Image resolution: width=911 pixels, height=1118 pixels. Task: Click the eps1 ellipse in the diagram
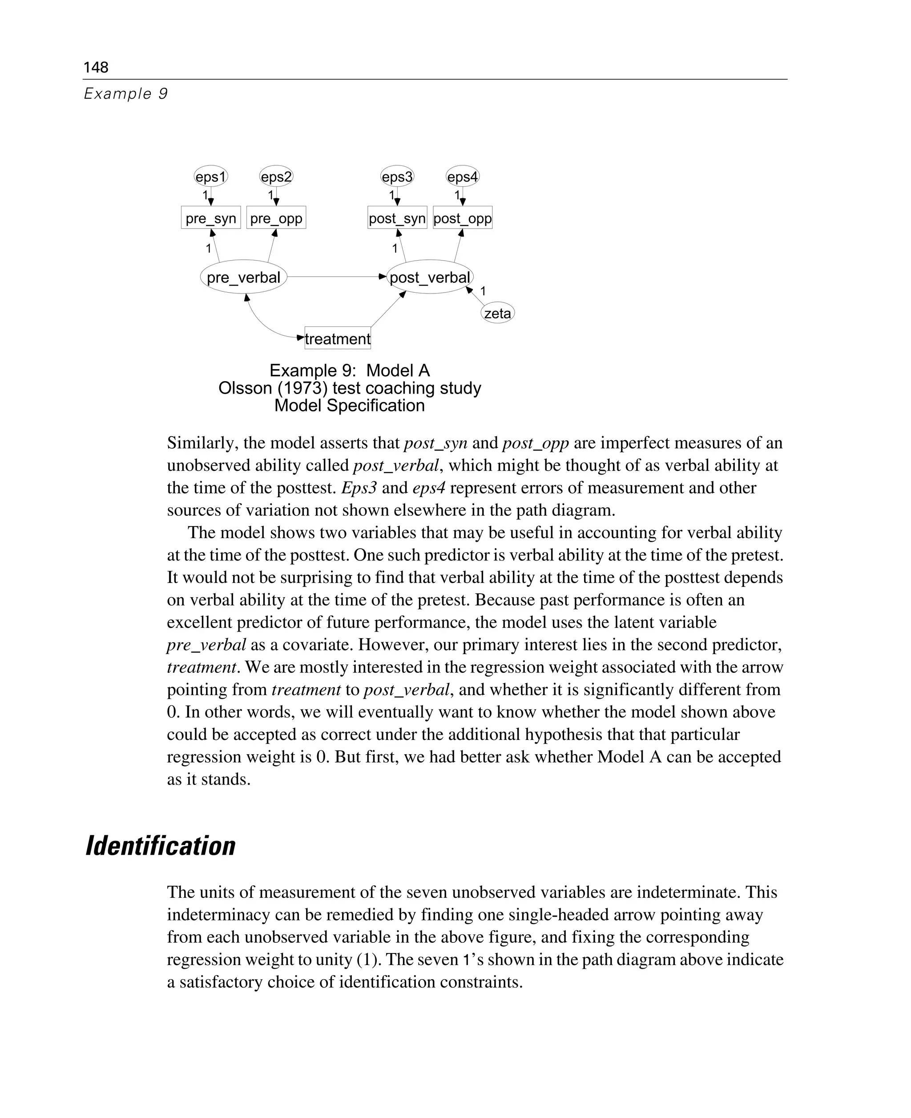pyautogui.click(x=210, y=177)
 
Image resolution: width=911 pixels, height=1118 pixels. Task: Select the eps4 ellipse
pyautogui.click(x=462, y=177)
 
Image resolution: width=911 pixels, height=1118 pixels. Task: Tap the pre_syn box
pyautogui.click(x=210, y=218)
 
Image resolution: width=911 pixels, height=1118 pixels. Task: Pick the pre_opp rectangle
pyautogui.click(x=276, y=218)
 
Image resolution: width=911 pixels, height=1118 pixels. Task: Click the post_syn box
pyautogui.click(x=397, y=218)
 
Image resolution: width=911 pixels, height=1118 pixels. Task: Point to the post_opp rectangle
pyautogui.click(x=462, y=218)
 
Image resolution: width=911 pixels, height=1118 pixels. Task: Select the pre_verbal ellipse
pyautogui.click(x=243, y=277)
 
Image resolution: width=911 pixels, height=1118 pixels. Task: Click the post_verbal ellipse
pyautogui.click(x=430, y=277)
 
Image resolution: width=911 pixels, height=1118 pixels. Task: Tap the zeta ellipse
pyautogui.click(x=497, y=313)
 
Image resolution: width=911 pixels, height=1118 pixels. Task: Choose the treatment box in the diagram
pyautogui.click(x=338, y=338)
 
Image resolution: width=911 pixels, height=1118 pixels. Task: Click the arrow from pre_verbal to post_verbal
pyautogui.click(x=336, y=277)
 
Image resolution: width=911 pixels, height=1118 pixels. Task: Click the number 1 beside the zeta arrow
pyautogui.click(x=483, y=291)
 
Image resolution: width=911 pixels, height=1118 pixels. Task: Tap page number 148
pyautogui.click(x=96, y=67)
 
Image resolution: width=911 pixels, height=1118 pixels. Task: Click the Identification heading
pyautogui.click(x=161, y=846)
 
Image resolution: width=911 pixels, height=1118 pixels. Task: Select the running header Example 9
pyautogui.click(x=125, y=93)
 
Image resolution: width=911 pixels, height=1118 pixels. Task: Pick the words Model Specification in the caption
pyautogui.click(x=350, y=406)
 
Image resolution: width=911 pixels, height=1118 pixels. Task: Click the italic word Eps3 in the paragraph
pyautogui.click(x=359, y=488)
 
